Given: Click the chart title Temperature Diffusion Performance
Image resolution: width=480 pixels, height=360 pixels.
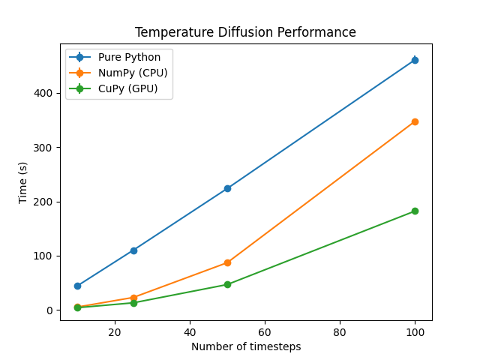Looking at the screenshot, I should click(245, 32).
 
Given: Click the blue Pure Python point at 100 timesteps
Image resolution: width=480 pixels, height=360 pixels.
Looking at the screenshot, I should click(415, 60).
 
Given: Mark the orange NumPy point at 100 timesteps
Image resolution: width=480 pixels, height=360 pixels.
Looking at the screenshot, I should click(415, 121).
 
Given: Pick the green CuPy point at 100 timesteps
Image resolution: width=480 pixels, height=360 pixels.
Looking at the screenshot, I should click(415, 211).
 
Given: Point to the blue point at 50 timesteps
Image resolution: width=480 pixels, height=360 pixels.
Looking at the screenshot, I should click(227, 188).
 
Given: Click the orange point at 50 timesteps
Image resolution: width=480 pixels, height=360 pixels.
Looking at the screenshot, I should click(227, 262).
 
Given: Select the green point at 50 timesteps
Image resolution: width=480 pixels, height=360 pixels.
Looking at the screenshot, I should click(227, 284).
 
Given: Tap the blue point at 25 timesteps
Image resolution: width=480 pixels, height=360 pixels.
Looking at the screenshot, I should click(133, 250).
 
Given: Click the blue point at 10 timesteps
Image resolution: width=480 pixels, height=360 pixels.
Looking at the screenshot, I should click(77, 286).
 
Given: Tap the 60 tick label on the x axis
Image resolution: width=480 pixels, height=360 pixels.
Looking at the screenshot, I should click(265, 331).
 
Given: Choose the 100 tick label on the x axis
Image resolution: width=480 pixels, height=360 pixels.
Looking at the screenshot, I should click(415, 331).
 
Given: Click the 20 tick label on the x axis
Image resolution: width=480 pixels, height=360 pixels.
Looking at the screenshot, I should click(115, 331).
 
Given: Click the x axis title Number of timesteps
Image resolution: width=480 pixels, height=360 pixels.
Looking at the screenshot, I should click(245, 346).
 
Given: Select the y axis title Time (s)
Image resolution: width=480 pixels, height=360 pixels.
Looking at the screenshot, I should click(23, 182).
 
